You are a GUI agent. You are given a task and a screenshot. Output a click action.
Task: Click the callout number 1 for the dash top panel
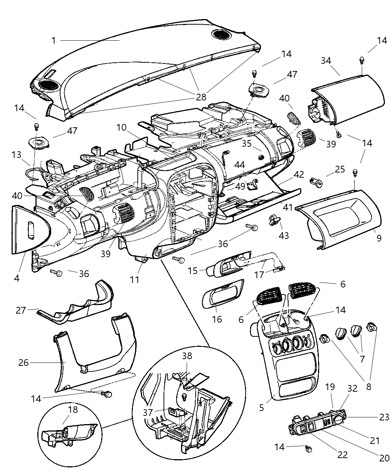pyautogui.click(x=54, y=40)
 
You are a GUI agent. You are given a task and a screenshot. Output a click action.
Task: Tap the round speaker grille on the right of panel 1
pyautogui.click(x=221, y=35)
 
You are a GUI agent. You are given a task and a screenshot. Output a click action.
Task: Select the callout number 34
pyautogui.click(x=326, y=60)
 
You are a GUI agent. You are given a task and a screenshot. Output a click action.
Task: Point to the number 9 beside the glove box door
pyautogui.click(x=379, y=238)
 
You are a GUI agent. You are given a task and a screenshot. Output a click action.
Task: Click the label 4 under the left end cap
pyautogui.click(x=17, y=278)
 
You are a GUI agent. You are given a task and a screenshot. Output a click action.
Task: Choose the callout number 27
pyautogui.click(x=21, y=310)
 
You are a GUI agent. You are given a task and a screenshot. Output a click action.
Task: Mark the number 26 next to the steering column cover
pyautogui.click(x=24, y=363)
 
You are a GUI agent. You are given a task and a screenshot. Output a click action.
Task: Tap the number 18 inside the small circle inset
pyautogui.click(x=73, y=410)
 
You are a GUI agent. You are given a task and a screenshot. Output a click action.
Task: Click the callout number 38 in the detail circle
pyautogui.click(x=187, y=356)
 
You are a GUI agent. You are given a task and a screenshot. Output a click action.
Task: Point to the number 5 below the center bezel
pyautogui.click(x=261, y=407)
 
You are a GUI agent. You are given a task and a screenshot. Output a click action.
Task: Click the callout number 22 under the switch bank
pyautogui.click(x=342, y=454)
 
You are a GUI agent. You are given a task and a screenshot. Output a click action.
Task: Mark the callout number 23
pyautogui.click(x=385, y=417)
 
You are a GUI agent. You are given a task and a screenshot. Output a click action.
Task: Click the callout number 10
pyautogui.click(x=121, y=128)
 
